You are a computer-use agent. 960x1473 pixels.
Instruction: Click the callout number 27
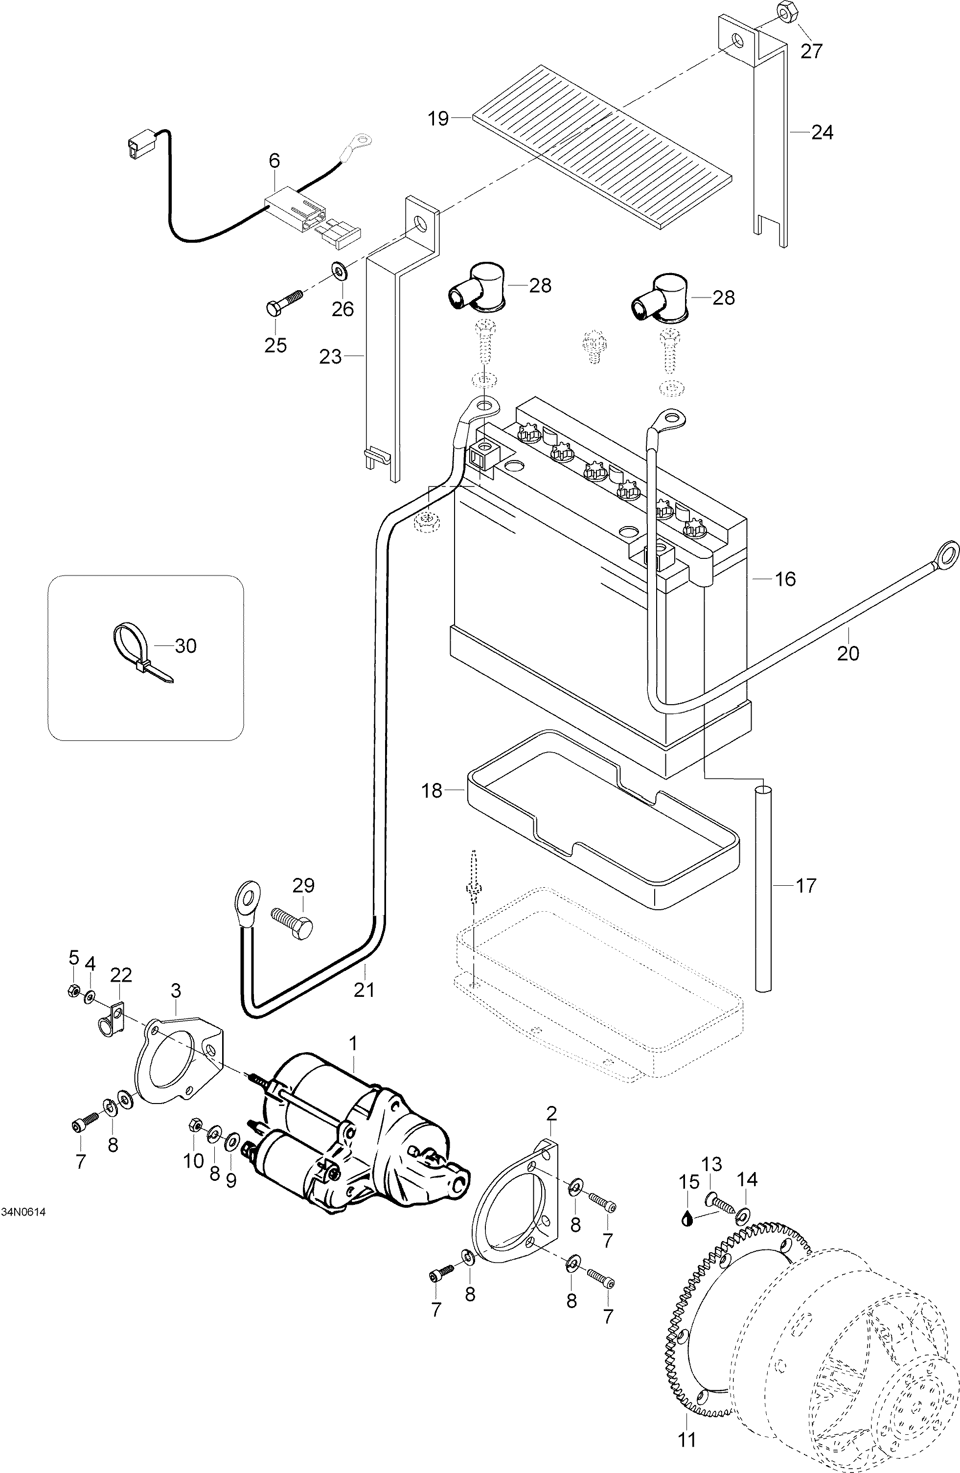click(811, 51)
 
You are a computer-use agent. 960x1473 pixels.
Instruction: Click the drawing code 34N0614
click(23, 1228)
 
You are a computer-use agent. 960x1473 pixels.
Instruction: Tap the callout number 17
click(806, 886)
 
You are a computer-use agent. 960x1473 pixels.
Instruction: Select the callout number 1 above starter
click(353, 1043)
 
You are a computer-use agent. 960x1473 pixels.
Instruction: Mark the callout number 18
click(432, 790)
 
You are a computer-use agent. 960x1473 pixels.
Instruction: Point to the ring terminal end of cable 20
click(947, 552)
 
